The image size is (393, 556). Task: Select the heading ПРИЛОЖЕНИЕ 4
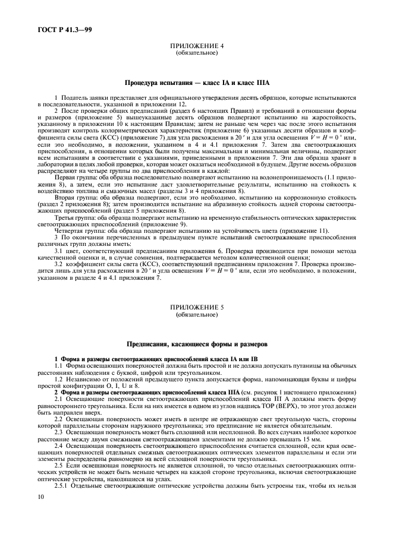(197, 47)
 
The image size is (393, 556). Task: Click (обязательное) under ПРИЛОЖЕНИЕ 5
(197, 314)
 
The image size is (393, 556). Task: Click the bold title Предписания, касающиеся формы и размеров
(197, 344)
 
